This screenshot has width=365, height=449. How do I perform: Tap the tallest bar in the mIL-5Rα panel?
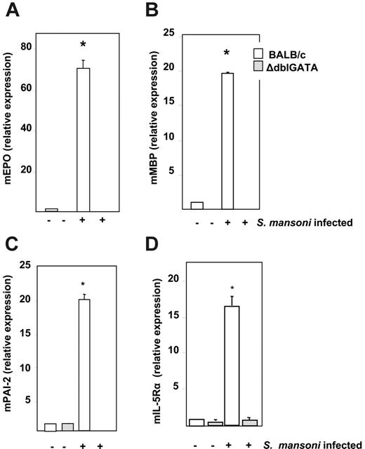[232, 366]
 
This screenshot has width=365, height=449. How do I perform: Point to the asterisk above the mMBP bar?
[227, 53]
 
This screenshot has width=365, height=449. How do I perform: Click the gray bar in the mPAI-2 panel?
[68, 427]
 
